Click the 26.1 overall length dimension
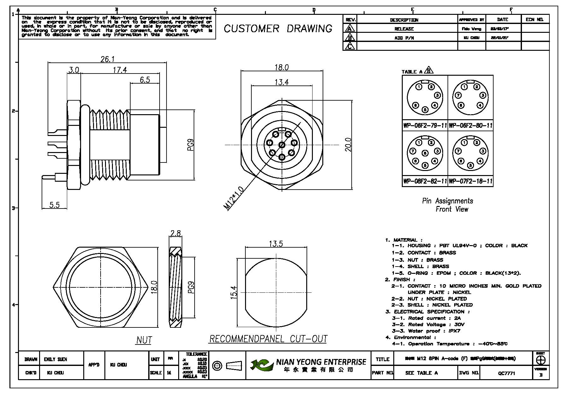pyautogui.click(x=107, y=59)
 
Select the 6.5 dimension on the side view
pyautogui.click(x=145, y=79)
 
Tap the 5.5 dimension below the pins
pyautogui.click(x=54, y=205)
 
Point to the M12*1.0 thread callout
pyautogui.click(x=234, y=198)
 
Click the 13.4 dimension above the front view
pyautogui.click(x=282, y=82)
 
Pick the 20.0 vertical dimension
pyautogui.click(x=348, y=144)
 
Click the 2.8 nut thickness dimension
pyautogui.click(x=175, y=233)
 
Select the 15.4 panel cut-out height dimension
pyautogui.click(x=234, y=292)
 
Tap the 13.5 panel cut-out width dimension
pyautogui.click(x=276, y=244)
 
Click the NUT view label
pyautogui.click(x=144, y=340)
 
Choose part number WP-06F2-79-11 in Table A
pyautogui.click(x=425, y=126)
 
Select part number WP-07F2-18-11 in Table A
pyautogui.click(x=471, y=181)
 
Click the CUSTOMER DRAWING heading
pyautogui.click(x=278, y=29)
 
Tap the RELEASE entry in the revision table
pyautogui.click(x=404, y=29)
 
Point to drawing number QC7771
pyautogui.click(x=507, y=373)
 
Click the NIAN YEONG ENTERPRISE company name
pyautogui.click(x=321, y=362)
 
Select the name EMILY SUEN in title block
pyautogui.click(x=56, y=359)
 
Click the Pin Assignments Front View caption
pyautogui.click(x=448, y=205)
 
